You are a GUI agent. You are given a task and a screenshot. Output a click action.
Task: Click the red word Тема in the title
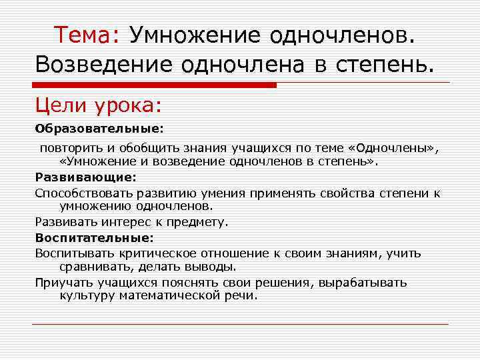pyautogui.click(x=85, y=34)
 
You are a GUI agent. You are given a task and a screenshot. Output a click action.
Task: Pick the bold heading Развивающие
pyautogui.click(x=85, y=178)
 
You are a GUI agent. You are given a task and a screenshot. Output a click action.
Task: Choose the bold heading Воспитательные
pyautogui.click(x=94, y=237)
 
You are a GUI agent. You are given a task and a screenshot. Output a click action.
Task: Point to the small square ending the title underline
pyautogui.click(x=451, y=82)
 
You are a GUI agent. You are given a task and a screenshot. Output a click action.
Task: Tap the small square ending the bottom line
pyautogui.click(x=451, y=324)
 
